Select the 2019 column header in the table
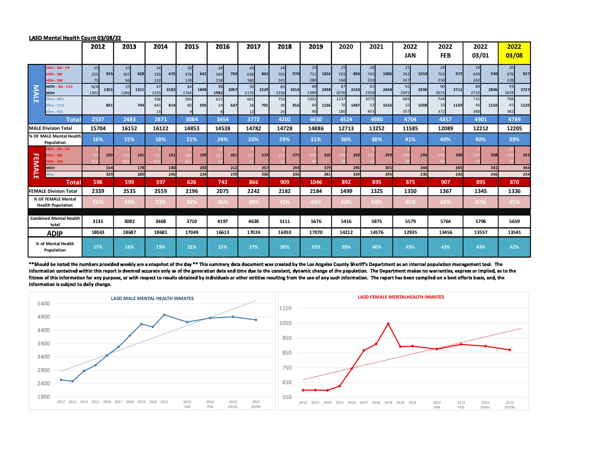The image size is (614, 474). [316, 47]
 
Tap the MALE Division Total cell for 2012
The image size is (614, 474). [98, 128]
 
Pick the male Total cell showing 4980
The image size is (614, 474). [376, 119]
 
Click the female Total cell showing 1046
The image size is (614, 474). [316, 182]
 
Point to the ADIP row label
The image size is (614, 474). [55, 233]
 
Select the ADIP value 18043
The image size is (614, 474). [98, 232]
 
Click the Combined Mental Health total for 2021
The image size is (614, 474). [376, 221]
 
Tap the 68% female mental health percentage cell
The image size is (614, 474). [376, 202]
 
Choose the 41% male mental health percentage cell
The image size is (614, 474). [410, 139]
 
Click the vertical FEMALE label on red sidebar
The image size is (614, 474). [36, 166]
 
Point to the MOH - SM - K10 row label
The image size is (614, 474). [59, 87]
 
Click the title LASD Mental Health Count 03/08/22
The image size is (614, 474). [75, 38]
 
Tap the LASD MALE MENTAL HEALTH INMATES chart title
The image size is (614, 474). [152, 299]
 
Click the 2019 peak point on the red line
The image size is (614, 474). [388, 324]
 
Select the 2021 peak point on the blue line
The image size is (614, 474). [164, 315]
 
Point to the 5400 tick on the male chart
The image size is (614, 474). [43, 303]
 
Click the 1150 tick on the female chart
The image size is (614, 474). [285, 308]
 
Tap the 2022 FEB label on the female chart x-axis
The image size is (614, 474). [461, 405]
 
